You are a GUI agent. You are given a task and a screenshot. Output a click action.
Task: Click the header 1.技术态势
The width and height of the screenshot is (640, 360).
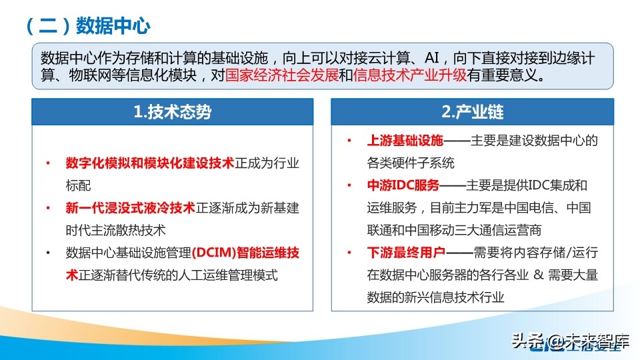coord(172,111)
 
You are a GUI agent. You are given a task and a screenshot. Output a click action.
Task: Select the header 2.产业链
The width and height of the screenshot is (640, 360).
coord(472,111)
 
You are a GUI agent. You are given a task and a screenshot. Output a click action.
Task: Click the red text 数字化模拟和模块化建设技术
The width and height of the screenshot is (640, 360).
coord(150,163)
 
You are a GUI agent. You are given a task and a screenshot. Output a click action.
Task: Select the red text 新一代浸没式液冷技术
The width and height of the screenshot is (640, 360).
coord(130,208)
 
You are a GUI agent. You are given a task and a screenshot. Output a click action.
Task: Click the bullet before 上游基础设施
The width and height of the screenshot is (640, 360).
coord(349,141)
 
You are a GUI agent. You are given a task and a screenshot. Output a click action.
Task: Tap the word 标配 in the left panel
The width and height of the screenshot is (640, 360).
coord(78,185)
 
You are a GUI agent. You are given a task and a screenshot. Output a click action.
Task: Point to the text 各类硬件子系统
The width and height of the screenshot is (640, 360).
coord(411,163)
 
